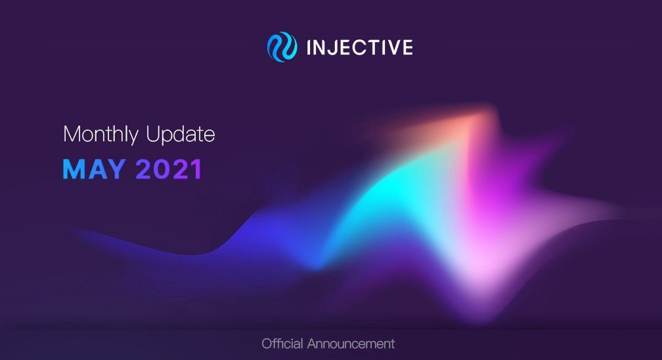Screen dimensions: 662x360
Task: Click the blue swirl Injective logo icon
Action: tap(282, 47)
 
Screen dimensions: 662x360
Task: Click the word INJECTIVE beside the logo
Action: tap(360, 47)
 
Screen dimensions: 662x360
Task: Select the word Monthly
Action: tap(100, 135)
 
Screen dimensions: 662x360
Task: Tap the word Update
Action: tap(180, 135)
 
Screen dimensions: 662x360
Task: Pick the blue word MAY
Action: tap(94, 169)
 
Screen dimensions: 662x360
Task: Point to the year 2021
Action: tap(169, 169)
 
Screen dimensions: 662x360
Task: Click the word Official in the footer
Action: tap(282, 344)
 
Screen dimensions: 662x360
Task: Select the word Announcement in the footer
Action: tap(351, 344)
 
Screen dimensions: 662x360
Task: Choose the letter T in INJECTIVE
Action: tap(371, 47)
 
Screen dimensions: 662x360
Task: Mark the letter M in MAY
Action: tap(73, 169)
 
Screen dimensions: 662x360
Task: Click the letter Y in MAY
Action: tap(116, 169)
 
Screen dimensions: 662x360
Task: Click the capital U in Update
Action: tap(153, 133)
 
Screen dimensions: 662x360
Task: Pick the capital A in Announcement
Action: tap(313, 343)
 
